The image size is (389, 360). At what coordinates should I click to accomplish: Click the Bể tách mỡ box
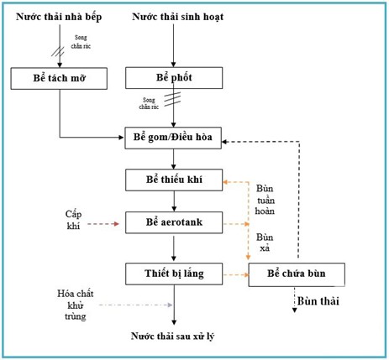60,79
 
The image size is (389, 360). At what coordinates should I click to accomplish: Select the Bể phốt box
173,78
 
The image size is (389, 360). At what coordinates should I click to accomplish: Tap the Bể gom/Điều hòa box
173,138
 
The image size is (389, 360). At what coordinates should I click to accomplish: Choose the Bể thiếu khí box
173,180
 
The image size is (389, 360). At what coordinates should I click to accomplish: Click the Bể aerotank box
173,222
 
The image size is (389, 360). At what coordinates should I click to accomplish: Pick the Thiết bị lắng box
173,273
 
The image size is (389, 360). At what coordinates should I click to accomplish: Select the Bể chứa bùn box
297,274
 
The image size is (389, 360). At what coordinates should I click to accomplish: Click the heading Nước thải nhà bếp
60,16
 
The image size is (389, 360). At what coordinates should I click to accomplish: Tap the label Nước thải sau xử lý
173,336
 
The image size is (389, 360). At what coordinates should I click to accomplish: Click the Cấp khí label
77,221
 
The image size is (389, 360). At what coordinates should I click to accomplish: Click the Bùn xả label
265,243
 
